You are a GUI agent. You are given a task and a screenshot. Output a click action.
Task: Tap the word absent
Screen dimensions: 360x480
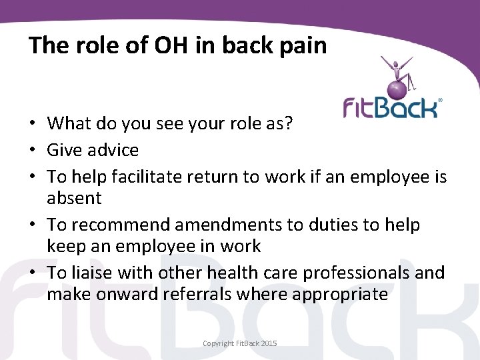(x=74, y=198)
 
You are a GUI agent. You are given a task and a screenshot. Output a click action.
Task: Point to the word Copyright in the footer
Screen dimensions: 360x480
(x=219, y=343)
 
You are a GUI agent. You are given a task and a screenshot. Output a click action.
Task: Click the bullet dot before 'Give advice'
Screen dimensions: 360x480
(x=32, y=151)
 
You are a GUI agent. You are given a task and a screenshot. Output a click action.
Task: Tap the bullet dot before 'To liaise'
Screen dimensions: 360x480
(x=32, y=273)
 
